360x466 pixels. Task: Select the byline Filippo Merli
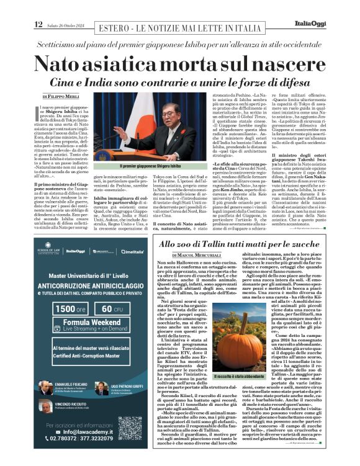61,97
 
